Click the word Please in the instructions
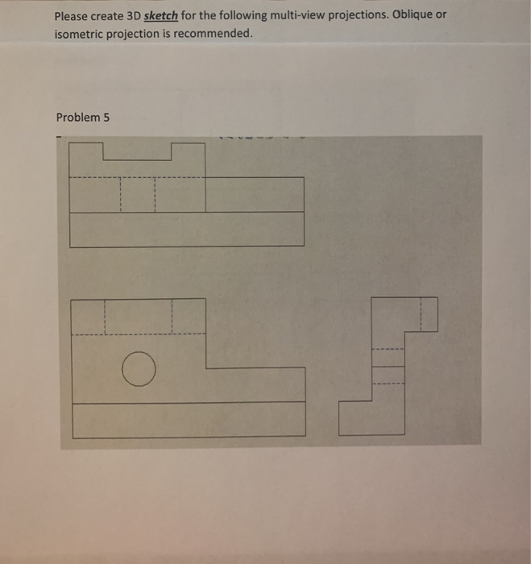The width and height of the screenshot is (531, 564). tap(72, 16)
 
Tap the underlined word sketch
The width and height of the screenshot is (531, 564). tap(160, 16)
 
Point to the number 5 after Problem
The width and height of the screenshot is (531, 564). tap(106, 118)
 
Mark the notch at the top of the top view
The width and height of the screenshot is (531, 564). tap(137, 151)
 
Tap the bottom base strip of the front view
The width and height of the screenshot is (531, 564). tap(189, 420)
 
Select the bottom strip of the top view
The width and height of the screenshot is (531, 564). tap(187, 230)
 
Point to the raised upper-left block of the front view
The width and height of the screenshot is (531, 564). tap(138, 316)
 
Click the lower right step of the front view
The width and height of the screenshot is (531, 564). tap(256, 384)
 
